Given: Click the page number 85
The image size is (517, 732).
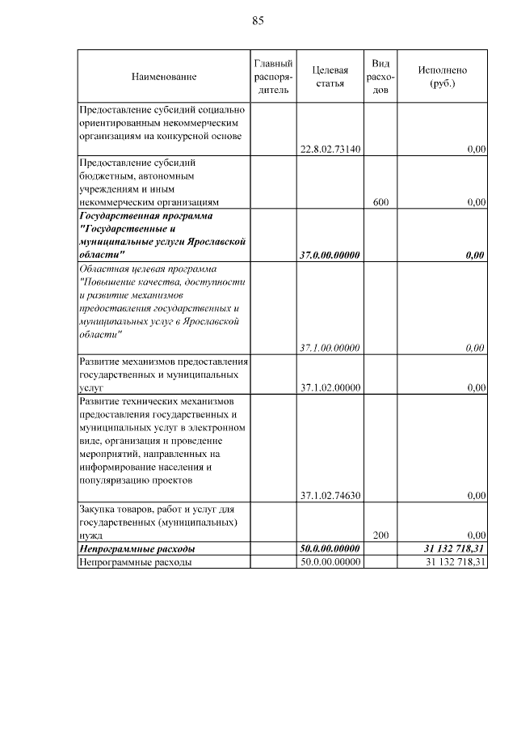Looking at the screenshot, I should tap(258, 20).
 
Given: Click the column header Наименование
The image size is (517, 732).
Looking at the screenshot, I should tap(164, 77).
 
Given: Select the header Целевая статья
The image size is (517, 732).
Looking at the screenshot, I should tap(330, 77).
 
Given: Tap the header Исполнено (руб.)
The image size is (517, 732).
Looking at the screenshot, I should tap(443, 77).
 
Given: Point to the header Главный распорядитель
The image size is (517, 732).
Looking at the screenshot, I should tap(273, 77).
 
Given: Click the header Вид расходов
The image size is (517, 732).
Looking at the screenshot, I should tap(381, 77).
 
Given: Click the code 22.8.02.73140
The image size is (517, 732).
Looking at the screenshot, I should tap(330, 150).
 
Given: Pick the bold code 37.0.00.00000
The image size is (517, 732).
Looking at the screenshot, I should tap(330, 256).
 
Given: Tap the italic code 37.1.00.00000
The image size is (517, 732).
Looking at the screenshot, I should tap(330, 349).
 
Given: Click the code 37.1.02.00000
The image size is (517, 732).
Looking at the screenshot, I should tap(330, 388).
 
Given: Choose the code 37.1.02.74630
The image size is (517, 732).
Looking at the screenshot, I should tap(330, 495).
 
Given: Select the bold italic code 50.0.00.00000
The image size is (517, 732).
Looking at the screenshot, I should tap(330, 549).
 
